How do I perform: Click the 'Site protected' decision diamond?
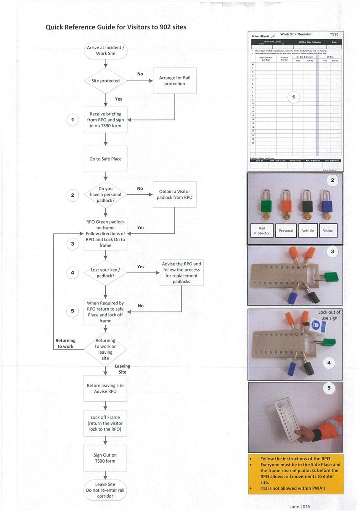(106, 81)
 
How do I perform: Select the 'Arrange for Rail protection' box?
(175, 81)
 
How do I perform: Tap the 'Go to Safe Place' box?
(106, 159)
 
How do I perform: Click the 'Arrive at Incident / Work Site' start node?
(106, 50)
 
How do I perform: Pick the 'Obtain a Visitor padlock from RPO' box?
(175, 194)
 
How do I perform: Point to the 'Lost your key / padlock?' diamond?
(106, 273)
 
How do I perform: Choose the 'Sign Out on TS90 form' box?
(105, 458)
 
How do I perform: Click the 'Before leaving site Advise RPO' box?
(105, 388)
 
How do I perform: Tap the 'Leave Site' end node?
(105, 490)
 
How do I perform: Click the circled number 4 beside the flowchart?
(72, 273)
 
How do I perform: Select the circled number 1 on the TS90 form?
(293, 97)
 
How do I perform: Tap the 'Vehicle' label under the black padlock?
(308, 231)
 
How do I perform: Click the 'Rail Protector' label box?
(262, 231)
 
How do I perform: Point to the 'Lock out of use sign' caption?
(329, 315)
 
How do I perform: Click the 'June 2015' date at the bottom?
(300, 507)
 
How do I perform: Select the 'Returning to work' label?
(66, 343)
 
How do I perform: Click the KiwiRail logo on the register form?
(264, 36)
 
